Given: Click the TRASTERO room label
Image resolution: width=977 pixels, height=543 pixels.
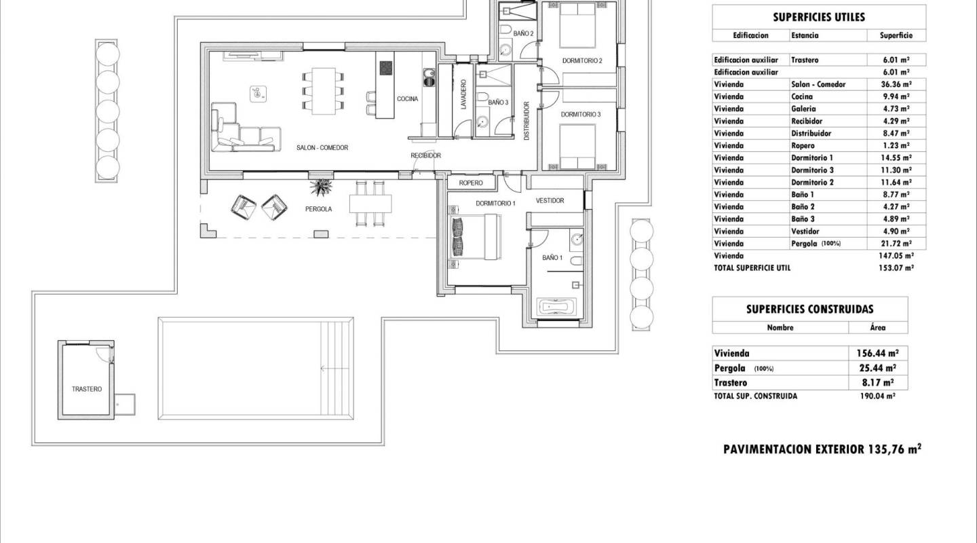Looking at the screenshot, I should pyautogui.click(x=87, y=389).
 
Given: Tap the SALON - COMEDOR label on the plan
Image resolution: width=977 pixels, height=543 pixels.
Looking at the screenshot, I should pyautogui.click(x=322, y=147).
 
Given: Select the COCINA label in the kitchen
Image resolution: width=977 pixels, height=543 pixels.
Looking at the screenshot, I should pyautogui.click(x=407, y=99).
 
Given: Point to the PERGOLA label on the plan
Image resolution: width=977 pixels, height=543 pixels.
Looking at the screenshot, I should pyautogui.click(x=318, y=209).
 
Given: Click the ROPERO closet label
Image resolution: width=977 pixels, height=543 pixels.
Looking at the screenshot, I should pyautogui.click(x=471, y=183).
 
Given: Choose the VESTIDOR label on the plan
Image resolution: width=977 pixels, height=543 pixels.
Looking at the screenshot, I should pyautogui.click(x=550, y=201).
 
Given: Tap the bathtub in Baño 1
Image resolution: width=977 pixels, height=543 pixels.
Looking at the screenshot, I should pyautogui.click(x=556, y=307).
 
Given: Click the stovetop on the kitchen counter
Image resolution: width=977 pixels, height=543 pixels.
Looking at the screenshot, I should pyautogui.click(x=385, y=69).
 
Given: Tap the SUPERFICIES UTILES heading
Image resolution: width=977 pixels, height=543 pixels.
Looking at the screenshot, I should pyautogui.click(x=819, y=18).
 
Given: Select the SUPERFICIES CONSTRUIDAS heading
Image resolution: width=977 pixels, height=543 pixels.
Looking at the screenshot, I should pyautogui.click(x=809, y=310).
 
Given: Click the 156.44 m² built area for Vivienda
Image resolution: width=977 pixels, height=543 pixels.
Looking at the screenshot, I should pyautogui.click(x=877, y=354).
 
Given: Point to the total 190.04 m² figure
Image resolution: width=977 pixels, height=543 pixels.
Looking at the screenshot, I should pyautogui.click(x=877, y=396).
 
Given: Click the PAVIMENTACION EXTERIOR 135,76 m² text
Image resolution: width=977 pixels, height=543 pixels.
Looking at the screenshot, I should pyautogui.click(x=822, y=449).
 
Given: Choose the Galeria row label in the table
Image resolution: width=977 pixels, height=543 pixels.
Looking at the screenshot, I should pyautogui.click(x=803, y=109).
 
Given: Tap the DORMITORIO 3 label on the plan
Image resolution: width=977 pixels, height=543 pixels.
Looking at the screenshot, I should pyautogui.click(x=581, y=115).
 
